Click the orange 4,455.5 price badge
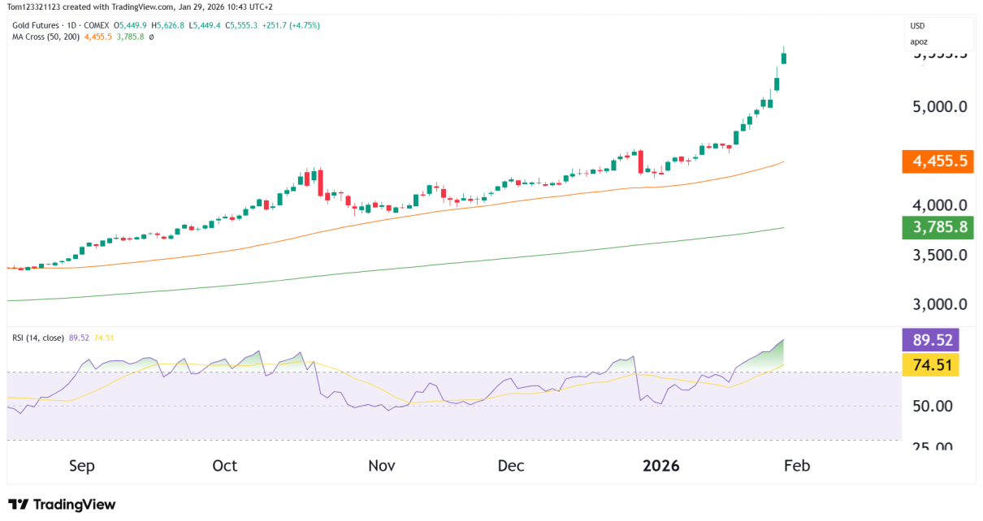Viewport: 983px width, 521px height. pyautogui.click(x=938, y=161)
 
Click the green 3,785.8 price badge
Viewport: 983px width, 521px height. pyautogui.click(x=938, y=227)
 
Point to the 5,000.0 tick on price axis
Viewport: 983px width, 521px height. pyautogui.click(x=939, y=106)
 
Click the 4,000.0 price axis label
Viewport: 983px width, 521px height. pyautogui.click(x=939, y=205)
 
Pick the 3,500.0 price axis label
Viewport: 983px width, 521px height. pyautogui.click(x=939, y=255)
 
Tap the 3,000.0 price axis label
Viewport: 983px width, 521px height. pyautogui.click(x=939, y=304)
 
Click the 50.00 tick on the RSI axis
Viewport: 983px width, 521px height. pyautogui.click(x=932, y=406)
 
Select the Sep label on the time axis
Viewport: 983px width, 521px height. pyautogui.click(x=82, y=466)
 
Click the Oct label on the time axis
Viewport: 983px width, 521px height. pyautogui.click(x=225, y=466)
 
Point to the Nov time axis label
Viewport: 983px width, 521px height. pyautogui.click(x=381, y=466)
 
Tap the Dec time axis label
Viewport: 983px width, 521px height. pyautogui.click(x=511, y=466)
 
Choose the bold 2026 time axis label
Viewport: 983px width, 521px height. pyautogui.click(x=661, y=466)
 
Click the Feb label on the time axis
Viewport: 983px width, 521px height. pyautogui.click(x=797, y=466)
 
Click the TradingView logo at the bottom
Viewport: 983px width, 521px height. pyautogui.click(x=62, y=504)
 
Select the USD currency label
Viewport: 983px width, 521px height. pyautogui.click(x=918, y=26)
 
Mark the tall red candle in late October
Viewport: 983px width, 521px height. pyautogui.click(x=320, y=183)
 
